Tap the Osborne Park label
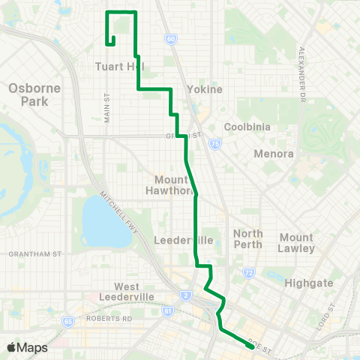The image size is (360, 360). (28, 94)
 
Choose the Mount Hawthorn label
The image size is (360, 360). (174, 184)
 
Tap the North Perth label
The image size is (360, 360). (248, 238)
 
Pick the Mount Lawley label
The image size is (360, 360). (296, 242)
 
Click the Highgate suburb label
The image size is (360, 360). (307, 283)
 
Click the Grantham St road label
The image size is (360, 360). (34, 254)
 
